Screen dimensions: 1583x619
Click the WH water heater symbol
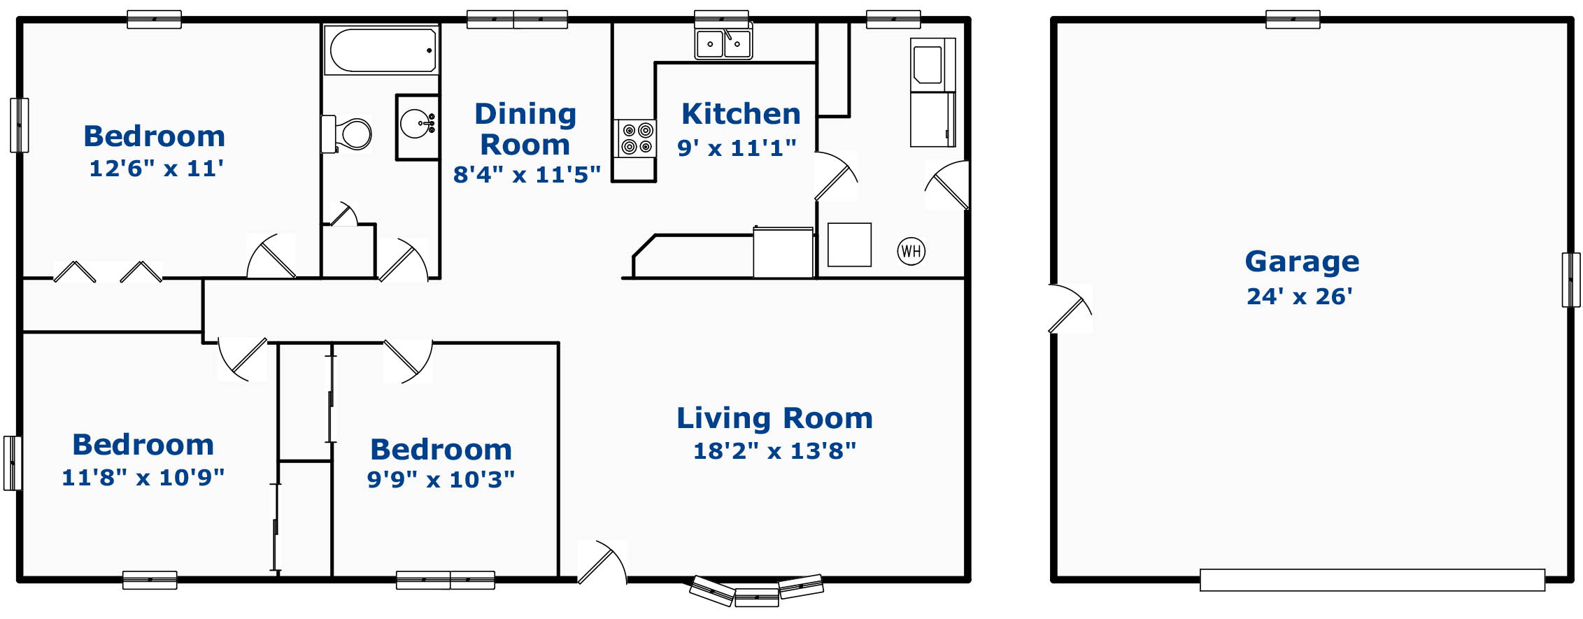[x=911, y=251]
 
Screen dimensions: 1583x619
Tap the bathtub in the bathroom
[x=382, y=50]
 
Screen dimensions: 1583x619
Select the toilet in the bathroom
[x=346, y=134]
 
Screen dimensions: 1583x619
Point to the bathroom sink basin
[x=418, y=124]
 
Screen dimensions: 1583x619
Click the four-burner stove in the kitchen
[x=636, y=138]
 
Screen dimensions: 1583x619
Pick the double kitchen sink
[x=723, y=43]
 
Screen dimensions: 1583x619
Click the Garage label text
[x=1302, y=262]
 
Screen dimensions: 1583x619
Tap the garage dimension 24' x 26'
[x=1299, y=296]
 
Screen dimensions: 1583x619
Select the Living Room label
[x=774, y=418]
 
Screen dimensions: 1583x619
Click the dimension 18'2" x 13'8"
[x=774, y=450]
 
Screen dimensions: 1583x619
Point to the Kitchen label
[x=741, y=113]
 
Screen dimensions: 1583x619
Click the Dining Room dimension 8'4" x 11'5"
[x=527, y=174]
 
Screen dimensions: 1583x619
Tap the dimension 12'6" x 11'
[x=156, y=168]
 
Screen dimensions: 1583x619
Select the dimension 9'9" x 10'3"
[x=441, y=479]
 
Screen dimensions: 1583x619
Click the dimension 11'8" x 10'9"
[x=143, y=477]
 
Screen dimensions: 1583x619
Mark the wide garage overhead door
[x=1372, y=580]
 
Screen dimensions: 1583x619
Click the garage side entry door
[x=1070, y=308]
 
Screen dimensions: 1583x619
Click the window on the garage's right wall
[x=1571, y=280]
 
